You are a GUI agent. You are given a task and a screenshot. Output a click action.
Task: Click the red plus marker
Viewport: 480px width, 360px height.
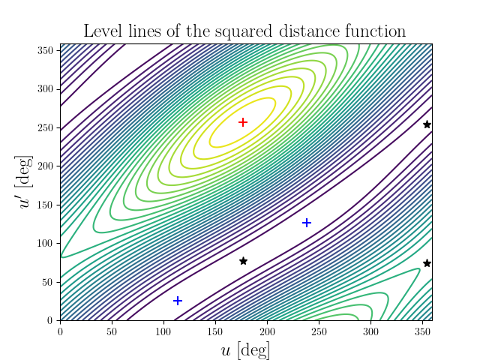(x=243, y=122)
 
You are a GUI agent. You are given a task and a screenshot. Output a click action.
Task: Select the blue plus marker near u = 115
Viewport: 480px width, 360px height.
(x=178, y=301)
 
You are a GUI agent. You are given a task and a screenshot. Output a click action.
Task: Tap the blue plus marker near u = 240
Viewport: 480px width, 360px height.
(x=307, y=223)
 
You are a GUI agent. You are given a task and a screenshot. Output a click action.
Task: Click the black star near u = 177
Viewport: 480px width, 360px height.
(x=243, y=261)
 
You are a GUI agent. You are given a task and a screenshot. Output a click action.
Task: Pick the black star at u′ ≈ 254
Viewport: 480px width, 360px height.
(x=427, y=124)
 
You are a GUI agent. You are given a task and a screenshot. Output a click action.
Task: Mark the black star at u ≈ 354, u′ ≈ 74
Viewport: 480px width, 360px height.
(x=427, y=263)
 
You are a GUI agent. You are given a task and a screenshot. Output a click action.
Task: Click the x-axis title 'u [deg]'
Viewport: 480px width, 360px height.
(x=245, y=349)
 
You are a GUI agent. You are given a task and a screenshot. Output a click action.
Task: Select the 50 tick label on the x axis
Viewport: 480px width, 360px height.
(x=112, y=329)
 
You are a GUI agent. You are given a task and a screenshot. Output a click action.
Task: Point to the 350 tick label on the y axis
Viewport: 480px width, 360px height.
(x=46, y=50)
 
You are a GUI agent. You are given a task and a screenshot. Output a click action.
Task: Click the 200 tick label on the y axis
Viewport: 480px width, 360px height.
(x=46, y=166)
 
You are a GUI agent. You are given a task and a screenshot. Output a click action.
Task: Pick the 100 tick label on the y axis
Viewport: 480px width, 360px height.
(x=46, y=243)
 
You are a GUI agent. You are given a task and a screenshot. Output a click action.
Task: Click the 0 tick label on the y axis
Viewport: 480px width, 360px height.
(x=51, y=320)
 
